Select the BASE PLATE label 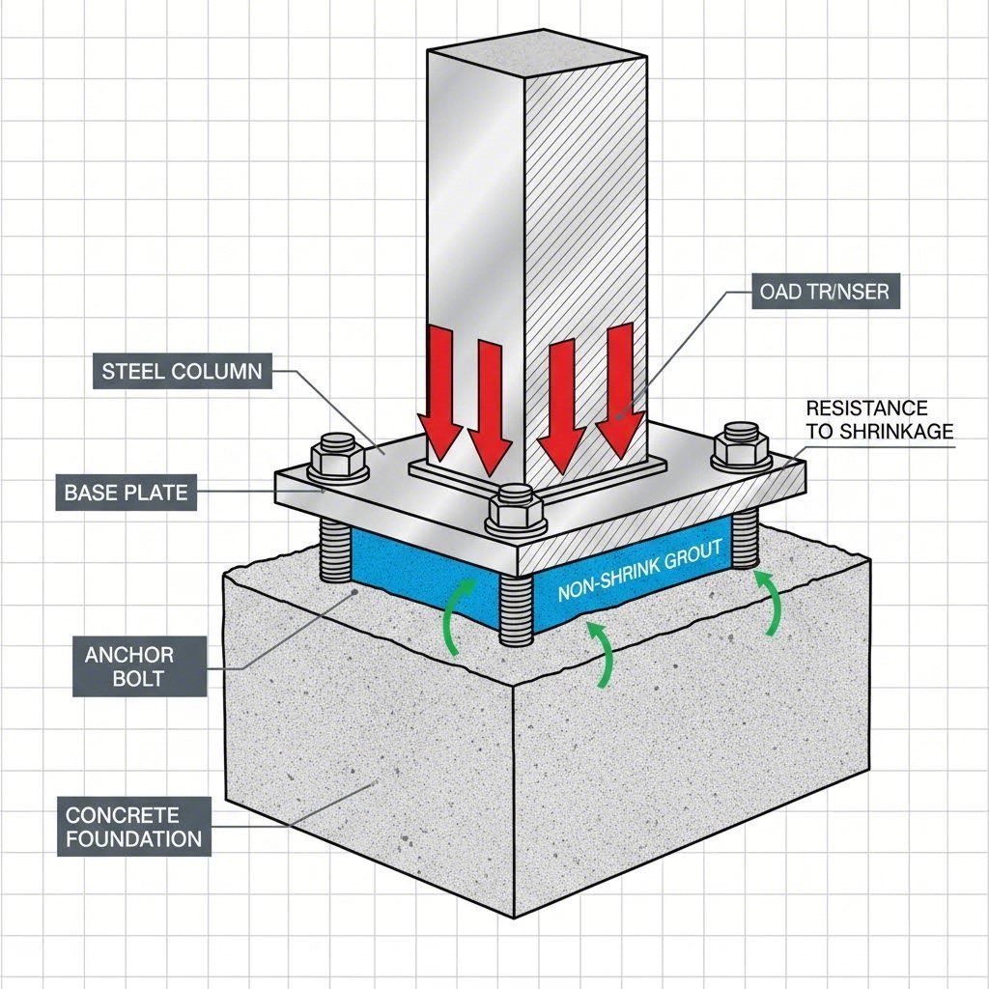tap(126, 493)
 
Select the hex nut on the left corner tap(337, 455)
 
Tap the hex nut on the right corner tap(741, 443)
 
